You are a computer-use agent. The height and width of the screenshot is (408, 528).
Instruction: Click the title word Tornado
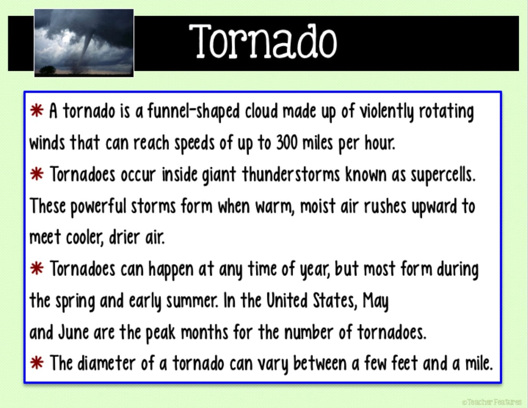263,41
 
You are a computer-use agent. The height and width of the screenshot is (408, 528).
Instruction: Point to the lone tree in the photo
48,70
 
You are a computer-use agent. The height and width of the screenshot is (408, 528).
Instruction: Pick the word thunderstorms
291,174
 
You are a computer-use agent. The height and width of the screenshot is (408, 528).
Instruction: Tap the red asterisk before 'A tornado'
37,111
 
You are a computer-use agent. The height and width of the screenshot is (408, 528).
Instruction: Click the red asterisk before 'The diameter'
37,363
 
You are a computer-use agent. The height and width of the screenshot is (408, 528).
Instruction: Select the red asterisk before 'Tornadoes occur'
37,174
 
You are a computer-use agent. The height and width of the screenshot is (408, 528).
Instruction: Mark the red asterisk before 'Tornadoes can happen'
37,269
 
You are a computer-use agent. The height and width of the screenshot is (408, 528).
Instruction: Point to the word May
376,302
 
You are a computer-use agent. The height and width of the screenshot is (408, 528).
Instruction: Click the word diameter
106,363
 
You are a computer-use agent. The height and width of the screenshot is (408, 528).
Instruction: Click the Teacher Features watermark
492,402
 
